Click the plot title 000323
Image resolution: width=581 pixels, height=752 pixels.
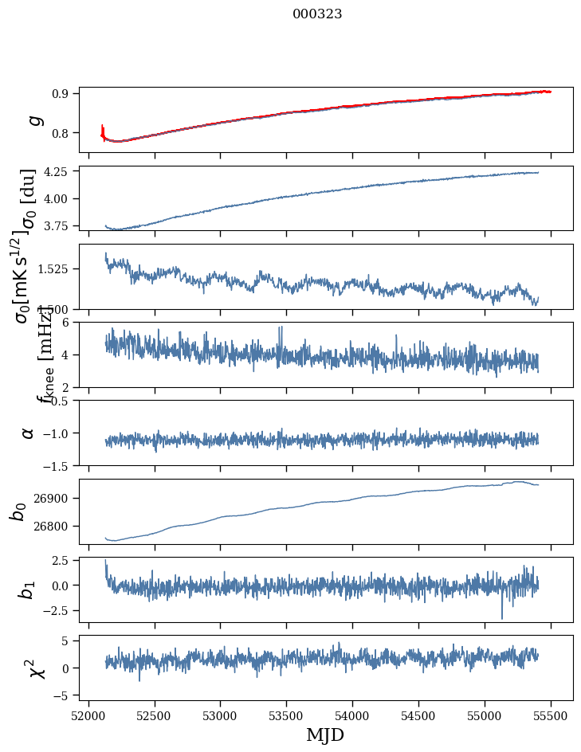[317, 14]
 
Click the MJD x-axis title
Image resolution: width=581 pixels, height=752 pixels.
[325, 734]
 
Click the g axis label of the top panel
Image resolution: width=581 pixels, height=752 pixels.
[33, 119]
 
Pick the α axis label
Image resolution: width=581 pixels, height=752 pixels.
[28, 432]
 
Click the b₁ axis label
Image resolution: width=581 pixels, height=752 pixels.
[28, 589]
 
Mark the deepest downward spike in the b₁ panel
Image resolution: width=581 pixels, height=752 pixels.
[502, 617]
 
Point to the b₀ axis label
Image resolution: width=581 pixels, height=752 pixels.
[18, 511]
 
